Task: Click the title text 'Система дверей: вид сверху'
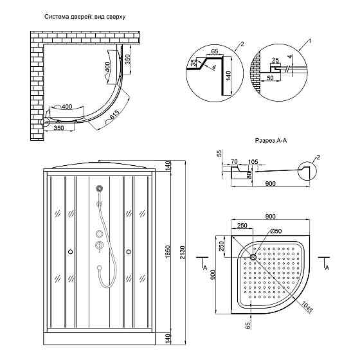click(85, 17)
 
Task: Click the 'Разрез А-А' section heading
click(271, 140)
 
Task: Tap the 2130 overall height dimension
click(183, 252)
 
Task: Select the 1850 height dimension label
click(168, 251)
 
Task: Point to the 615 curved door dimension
click(114, 115)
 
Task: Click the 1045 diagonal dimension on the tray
click(307, 307)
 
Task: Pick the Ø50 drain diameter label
click(276, 231)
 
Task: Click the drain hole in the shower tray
click(253, 256)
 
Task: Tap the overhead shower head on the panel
click(99, 189)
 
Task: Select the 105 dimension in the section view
click(253, 162)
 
